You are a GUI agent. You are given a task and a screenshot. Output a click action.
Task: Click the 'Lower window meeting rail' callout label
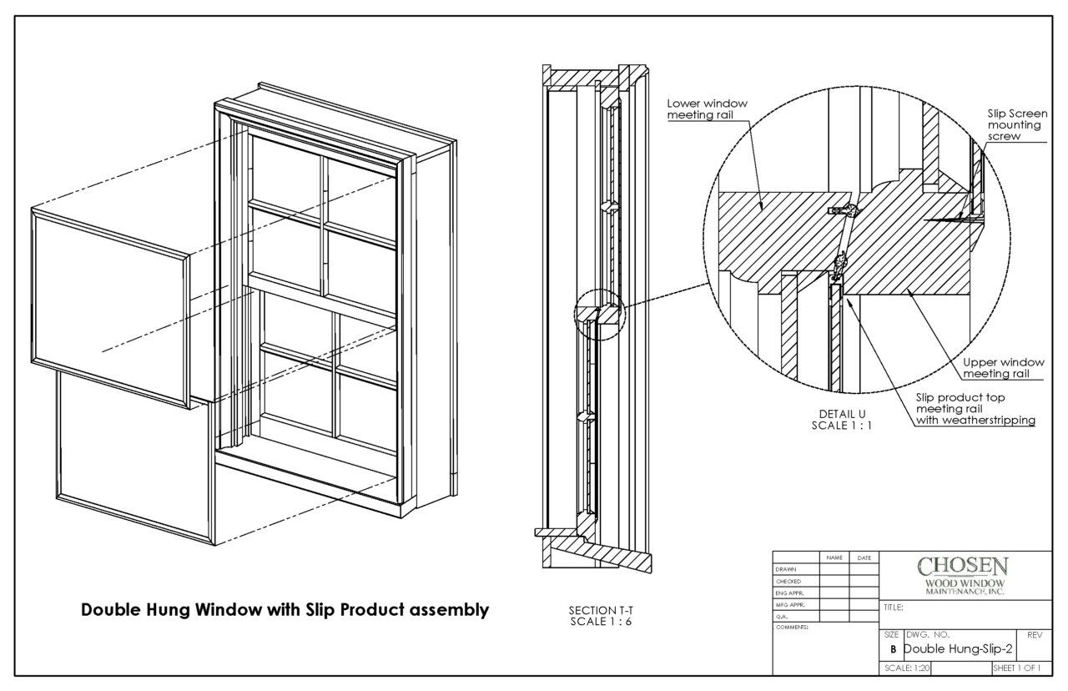click(x=707, y=108)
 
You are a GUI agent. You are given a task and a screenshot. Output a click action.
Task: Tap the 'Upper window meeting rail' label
click(x=1003, y=368)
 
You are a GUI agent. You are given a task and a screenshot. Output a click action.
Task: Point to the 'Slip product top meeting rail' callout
click(x=975, y=409)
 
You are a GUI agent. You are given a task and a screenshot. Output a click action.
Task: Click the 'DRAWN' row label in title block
click(x=788, y=568)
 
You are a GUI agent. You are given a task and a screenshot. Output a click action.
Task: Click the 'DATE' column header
click(x=863, y=557)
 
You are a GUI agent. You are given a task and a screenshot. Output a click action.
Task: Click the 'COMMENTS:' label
click(x=792, y=627)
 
